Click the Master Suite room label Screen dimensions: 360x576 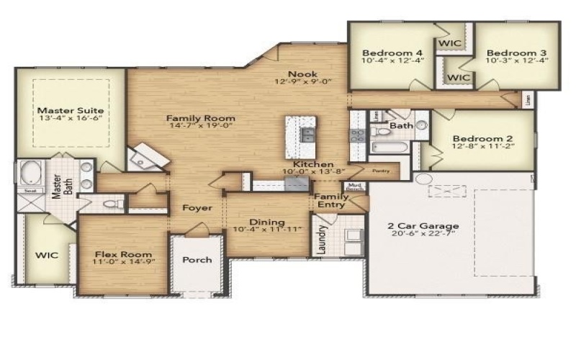point(70,110)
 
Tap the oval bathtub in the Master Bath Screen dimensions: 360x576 point(30,174)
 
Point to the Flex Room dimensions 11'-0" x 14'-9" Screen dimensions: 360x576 point(122,264)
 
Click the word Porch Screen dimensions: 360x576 point(196,260)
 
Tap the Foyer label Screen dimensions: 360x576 point(197,208)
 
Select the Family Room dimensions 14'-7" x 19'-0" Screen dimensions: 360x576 point(201,127)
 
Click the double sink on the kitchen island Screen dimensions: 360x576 point(307,135)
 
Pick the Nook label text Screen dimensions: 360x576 point(302,73)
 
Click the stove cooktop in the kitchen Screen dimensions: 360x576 point(357,135)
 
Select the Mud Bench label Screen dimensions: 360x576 point(354,188)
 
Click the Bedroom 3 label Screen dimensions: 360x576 point(516,53)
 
